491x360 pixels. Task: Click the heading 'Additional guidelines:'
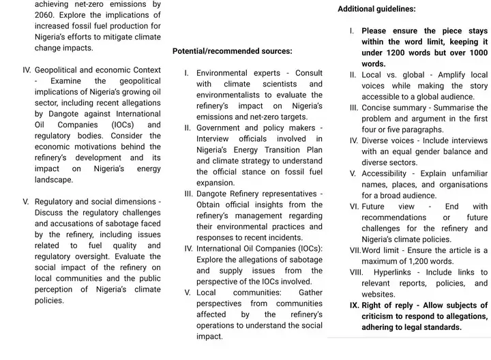(x=376, y=10)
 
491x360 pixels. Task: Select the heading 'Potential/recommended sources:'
(x=232, y=51)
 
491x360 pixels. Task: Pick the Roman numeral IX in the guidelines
(x=354, y=305)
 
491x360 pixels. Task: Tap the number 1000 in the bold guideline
(x=477, y=53)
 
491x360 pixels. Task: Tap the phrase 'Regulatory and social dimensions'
(x=96, y=202)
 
